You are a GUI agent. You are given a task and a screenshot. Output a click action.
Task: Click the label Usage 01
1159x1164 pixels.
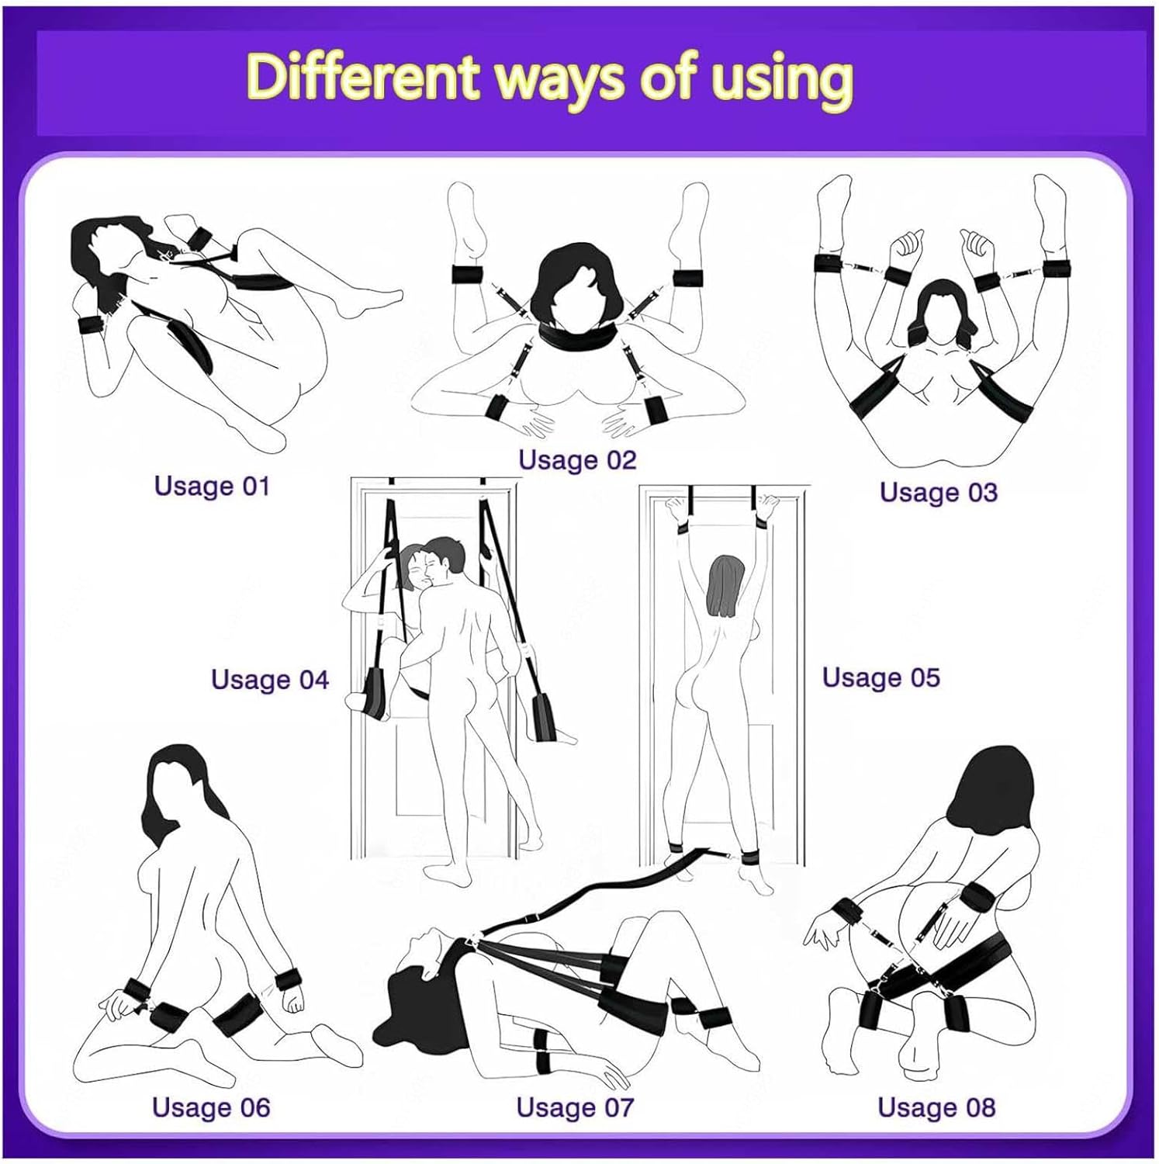pos(212,486)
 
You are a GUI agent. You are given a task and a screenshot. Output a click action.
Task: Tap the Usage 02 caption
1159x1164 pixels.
pos(577,459)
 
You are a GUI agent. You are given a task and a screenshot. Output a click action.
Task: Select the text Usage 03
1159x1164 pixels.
pos(938,492)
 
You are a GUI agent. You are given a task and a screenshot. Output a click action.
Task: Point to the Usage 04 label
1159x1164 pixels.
pos(270,680)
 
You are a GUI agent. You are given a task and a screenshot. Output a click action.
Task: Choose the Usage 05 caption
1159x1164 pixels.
pos(880,677)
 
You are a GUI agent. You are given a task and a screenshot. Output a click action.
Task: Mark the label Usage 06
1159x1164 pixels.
pos(211,1107)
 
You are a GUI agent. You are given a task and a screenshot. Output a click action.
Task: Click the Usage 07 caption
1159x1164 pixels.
pos(575,1107)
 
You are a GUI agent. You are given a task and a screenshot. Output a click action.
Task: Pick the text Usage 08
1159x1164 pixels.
pos(936,1107)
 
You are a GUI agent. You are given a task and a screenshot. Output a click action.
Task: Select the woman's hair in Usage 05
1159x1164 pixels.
pos(725,586)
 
